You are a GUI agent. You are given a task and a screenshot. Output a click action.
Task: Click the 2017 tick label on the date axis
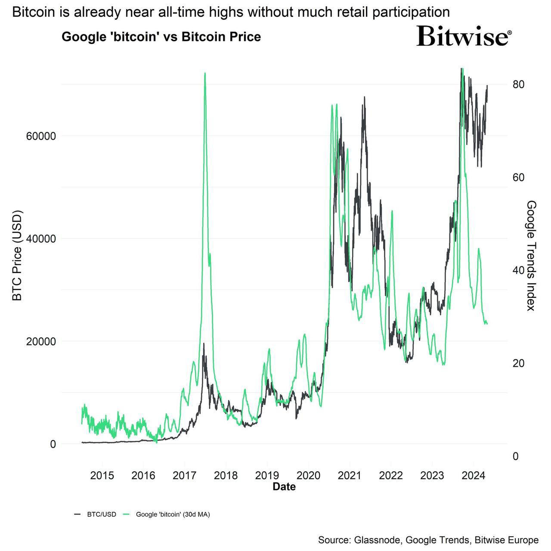[x=185, y=476]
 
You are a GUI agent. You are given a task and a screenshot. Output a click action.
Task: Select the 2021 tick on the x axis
[x=350, y=476]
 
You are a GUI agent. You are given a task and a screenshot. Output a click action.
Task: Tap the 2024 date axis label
[x=474, y=476]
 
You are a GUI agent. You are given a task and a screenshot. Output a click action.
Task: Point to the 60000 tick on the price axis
[x=41, y=136]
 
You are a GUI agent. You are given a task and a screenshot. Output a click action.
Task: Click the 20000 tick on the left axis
[x=41, y=341]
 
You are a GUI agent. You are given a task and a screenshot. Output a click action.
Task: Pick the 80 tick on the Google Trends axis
[x=518, y=84]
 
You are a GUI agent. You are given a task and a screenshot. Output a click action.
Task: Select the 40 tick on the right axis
[x=518, y=270]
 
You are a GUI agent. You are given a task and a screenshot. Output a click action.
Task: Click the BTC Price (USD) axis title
[x=17, y=255]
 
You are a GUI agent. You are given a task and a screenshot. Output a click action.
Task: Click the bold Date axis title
[x=284, y=487]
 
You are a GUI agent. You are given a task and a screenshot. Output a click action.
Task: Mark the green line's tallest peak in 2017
[x=205, y=74]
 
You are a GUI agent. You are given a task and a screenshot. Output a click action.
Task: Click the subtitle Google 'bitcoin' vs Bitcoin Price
[x=161, y=37]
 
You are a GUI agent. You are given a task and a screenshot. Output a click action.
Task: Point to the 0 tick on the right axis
[x=516, y=456]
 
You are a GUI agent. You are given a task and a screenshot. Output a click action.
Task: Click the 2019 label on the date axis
[x=267, y=476]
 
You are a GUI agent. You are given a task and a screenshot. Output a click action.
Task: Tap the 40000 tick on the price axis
[x=41, y=239]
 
